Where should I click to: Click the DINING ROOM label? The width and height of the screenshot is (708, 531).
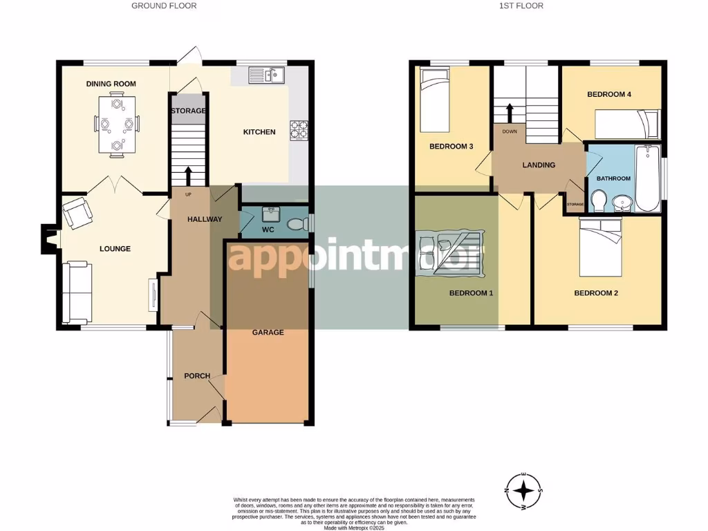111,84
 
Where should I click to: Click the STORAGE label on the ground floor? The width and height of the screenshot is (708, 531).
188,111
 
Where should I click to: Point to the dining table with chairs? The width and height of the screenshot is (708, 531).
116,124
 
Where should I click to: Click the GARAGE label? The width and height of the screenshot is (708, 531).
268,333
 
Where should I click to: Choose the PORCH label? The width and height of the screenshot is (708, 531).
196,376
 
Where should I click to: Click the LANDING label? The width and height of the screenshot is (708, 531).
539,165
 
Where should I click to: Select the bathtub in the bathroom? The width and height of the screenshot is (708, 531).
648,178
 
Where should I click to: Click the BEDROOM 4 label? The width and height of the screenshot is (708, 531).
609,94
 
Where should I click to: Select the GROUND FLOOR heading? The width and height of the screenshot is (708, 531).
164,6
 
